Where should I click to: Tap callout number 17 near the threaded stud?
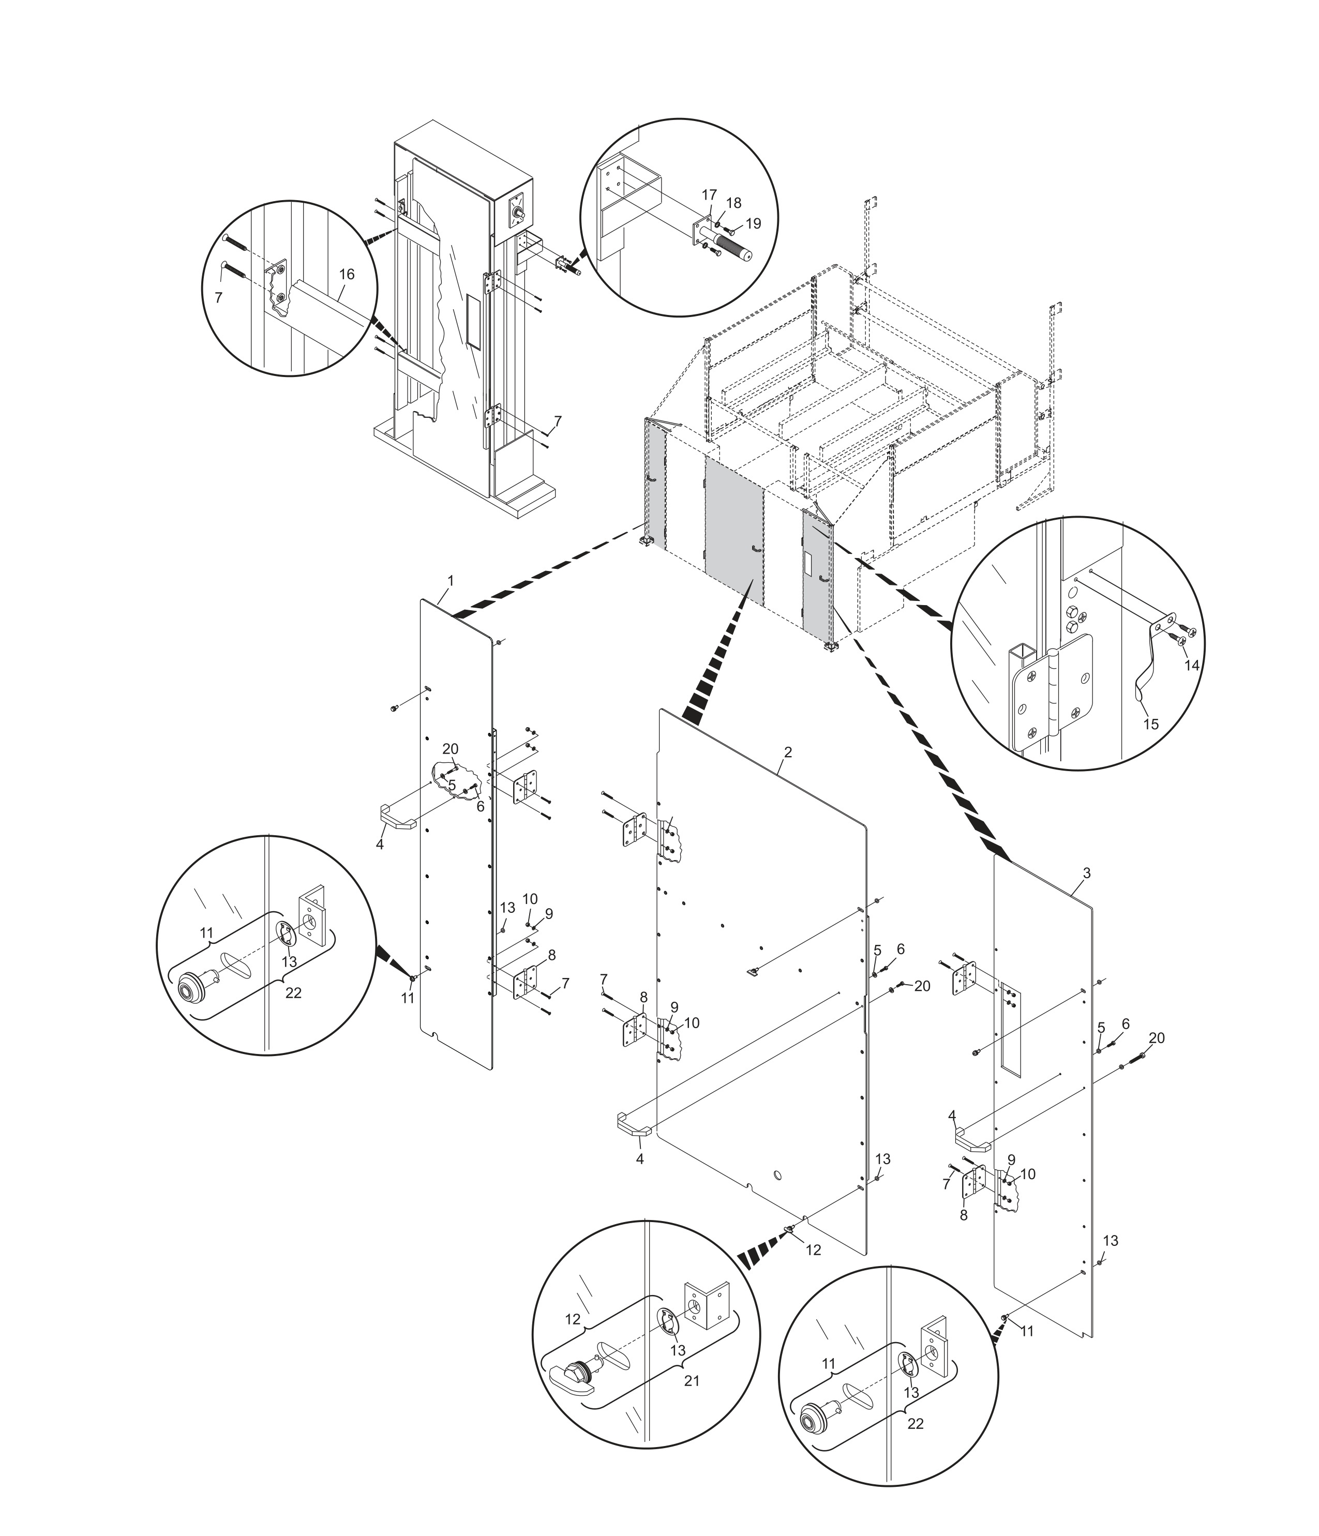click(x=709, y=195)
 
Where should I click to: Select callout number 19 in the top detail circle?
click(x=753, y=223)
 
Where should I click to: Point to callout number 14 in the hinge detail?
click(x=1191, y=666)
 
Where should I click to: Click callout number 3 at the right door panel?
click(x=1086, y=874)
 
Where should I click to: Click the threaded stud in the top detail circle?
click(x=737, y=245)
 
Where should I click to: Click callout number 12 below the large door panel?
click(x=813, y=1249)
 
